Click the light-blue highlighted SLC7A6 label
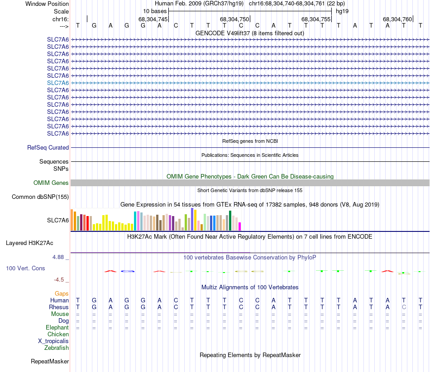(x=58, y=83)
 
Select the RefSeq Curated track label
(x=48, y=147)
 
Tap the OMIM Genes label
(x=51, y=183)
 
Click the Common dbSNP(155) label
(x=40, y=197)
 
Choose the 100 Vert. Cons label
(x=25, y=268)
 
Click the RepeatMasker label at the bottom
(x=50, y=361)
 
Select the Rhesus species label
(x=59, y=307)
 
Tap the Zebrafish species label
(x=57, y=348)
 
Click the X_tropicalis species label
(x=53, y=341)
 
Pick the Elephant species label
(x=57, y=327)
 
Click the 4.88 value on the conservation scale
(x=61, y=257)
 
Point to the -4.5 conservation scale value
(x=62, y=280)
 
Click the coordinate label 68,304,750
(x=234, y=19)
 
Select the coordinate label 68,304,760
(x=397, y=19)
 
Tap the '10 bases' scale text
(x=155, y=11)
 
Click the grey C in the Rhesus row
(x=404, y=307)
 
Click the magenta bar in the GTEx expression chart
(x=240, y=226)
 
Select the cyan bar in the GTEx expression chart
(x=135, y=221)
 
